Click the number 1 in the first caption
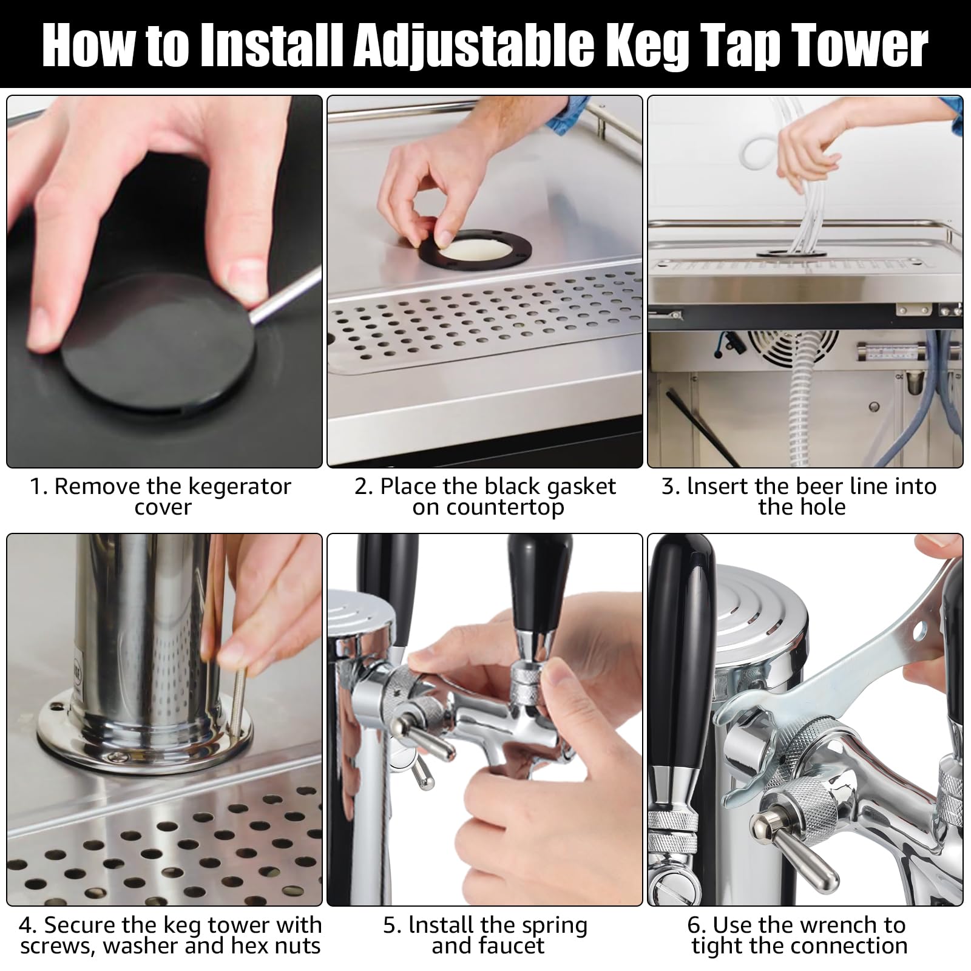[x=37, y=487]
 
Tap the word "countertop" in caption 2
[x=488, y=508]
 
